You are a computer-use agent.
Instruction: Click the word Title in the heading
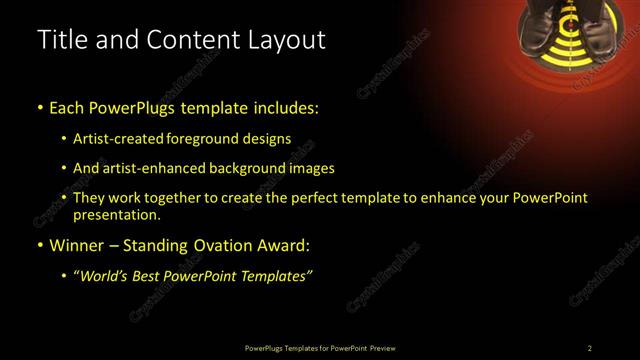click(62, 40)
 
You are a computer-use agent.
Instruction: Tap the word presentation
click(116, 215)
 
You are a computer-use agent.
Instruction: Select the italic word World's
click(104, 276)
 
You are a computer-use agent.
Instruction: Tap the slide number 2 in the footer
click(589, 348)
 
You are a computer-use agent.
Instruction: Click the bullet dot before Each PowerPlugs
click(39, 107)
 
